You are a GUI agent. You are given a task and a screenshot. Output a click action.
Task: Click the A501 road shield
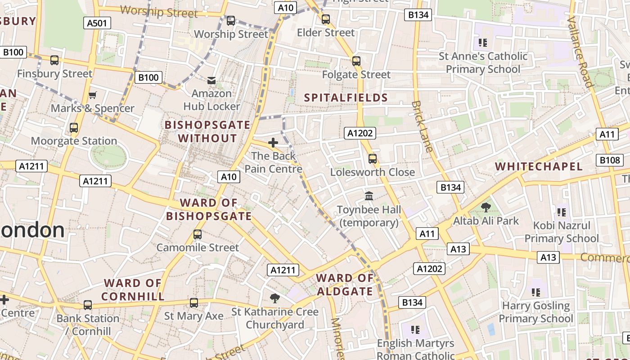[x=97, y=23]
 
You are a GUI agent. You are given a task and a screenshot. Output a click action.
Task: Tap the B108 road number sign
[x=610, y=160]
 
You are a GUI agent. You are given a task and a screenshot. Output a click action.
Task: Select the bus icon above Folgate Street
[x=356, y=61]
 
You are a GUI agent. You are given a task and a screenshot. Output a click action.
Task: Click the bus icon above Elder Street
[x=326, y=19]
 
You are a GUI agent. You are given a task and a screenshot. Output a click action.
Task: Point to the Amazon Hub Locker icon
[x=211, y=81]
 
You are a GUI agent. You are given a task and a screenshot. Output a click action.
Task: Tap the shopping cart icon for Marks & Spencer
[x=92, y=95]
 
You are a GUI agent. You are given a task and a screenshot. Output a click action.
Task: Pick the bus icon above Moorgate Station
[x=74, y=128]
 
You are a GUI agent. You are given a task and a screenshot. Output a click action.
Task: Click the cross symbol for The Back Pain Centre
[x=273, y=143]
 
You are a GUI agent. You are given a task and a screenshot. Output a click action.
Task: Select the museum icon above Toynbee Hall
[x=369, y=196]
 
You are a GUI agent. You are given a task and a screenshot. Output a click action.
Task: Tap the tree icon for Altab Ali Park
[x=486, y=207]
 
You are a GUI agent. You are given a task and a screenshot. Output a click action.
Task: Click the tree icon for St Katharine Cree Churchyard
[x=274, y=298]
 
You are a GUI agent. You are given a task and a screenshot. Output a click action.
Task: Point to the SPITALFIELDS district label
[x=346, y=98]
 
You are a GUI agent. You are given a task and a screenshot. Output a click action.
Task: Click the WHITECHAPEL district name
[x=539, y=166]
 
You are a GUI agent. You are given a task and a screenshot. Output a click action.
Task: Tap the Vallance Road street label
[x=580, y=52]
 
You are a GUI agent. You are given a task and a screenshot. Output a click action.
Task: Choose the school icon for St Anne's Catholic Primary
[x=483, y=43]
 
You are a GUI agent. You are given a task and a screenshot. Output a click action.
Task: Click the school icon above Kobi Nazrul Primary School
[x=561, y=212]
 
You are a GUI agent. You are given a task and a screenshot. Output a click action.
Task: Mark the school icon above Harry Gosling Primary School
[x=535, y=292]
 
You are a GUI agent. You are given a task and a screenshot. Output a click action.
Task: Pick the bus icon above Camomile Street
[x=197, y=234]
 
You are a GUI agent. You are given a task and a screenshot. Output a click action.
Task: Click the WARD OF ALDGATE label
[x=345, y=285]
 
